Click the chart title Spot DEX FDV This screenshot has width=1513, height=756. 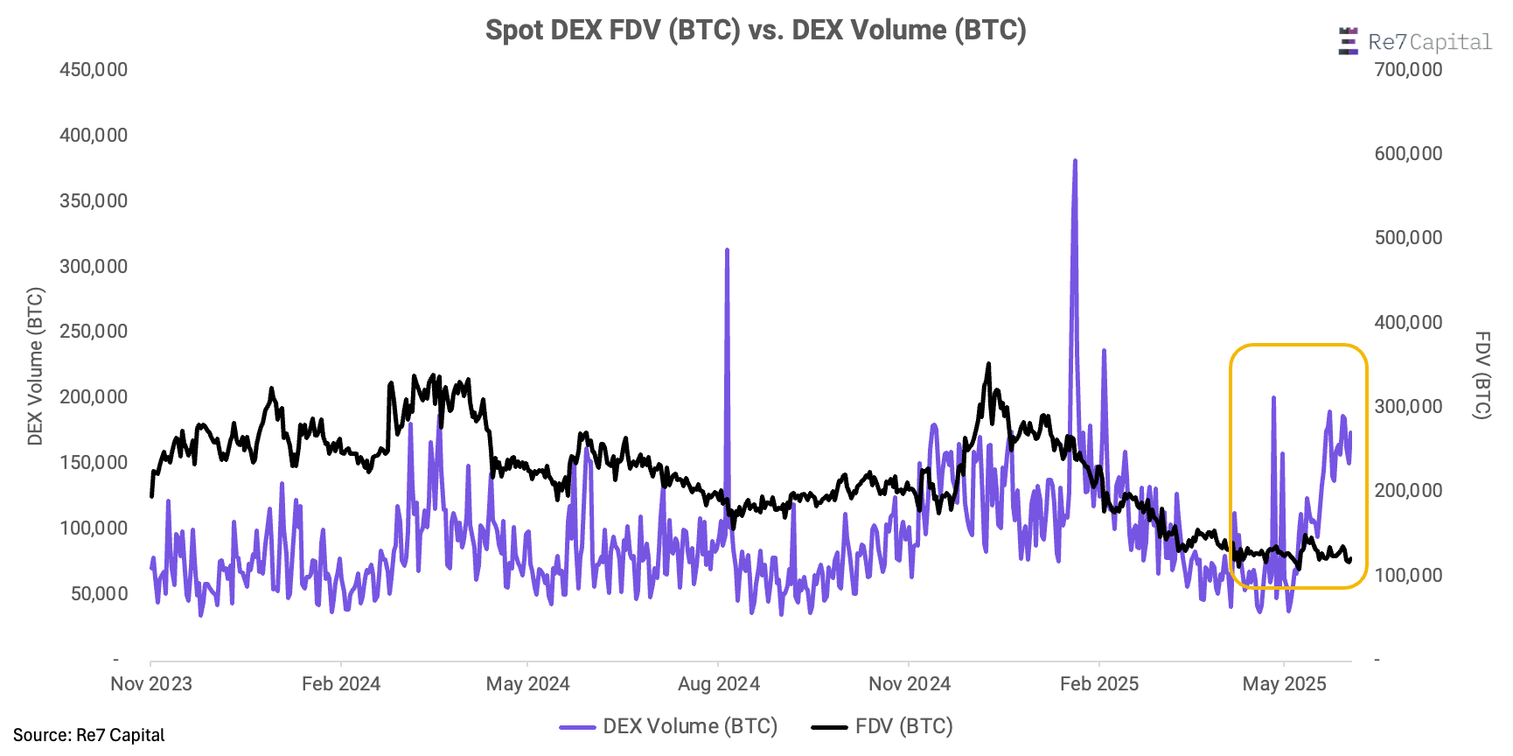coord(756,31)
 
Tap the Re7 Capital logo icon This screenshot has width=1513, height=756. coord(1348,41)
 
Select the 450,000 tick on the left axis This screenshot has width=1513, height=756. coord(94,70)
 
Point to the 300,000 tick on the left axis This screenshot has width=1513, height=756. coord(94,266)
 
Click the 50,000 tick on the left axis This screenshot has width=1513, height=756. coord(99,593)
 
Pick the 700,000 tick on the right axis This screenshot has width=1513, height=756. coord(1408,70)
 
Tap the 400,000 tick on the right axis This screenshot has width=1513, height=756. coord(1408,322)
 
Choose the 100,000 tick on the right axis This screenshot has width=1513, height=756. coord(1408,575)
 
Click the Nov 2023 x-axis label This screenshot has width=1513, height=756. coord(151,684)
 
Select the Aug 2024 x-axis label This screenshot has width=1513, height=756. coord(719,684)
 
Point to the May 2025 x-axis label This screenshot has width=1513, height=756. coord(1284,684)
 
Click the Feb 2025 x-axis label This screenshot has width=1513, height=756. coord(1099,684)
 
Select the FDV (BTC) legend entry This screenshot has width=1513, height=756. coord(883,726)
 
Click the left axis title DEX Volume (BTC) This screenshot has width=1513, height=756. coord(35,366)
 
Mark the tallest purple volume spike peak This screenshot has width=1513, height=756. coord(1075,161)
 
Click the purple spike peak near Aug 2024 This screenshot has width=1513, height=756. coord(727,250)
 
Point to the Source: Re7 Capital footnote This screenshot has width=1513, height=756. coord(89,735)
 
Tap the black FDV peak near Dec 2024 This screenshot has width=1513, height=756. coord(988,364)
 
